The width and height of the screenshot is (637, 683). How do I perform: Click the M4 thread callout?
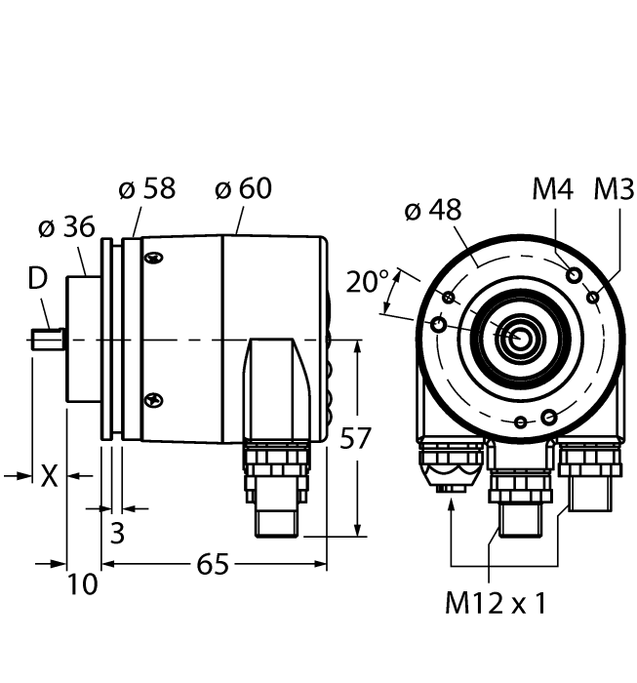(x=552, y=189)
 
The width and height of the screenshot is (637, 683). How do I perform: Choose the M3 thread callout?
(x=614, y=189)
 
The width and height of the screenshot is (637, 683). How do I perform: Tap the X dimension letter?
(x=48, y=476)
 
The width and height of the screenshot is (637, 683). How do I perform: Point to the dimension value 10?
(x=84, y=584)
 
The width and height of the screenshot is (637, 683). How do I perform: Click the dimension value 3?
(x=116, y=534)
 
